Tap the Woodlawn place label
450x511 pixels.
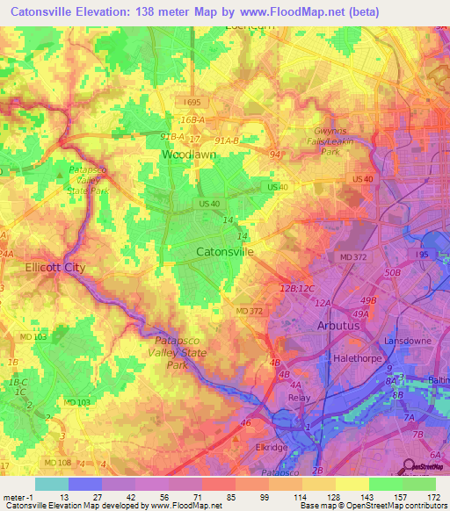point(189,155)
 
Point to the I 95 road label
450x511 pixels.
point(421,254)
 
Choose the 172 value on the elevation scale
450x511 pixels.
point(432,497)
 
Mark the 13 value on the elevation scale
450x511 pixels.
point(63,497)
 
